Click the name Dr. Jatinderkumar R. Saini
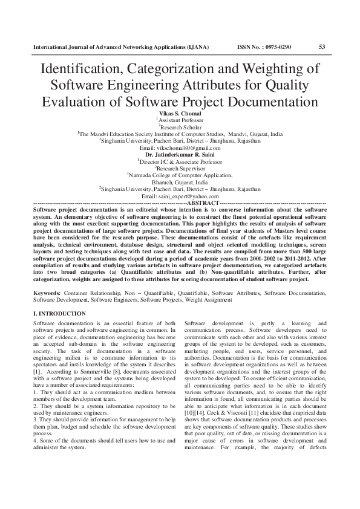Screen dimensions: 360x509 pyautogui.click(x=180, y=154)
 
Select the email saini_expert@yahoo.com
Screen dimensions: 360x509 pyautogui.click(x=180, y=195)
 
